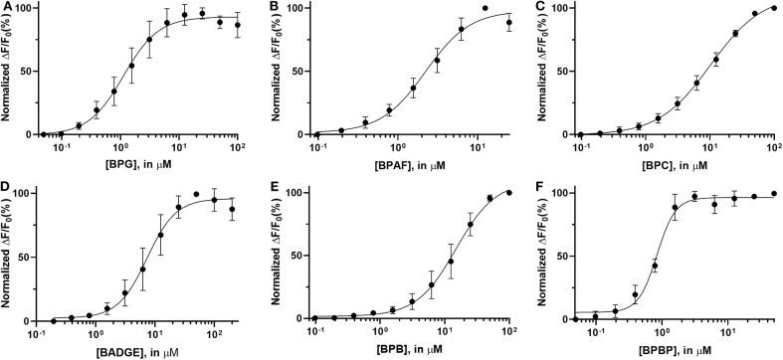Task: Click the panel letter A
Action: tap(7, 8)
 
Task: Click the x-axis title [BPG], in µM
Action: tap(139, 162)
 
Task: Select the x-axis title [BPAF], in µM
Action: tap(404, 162)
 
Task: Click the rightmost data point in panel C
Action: tap(773, 8)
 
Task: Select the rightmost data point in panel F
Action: tap(773, 194)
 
